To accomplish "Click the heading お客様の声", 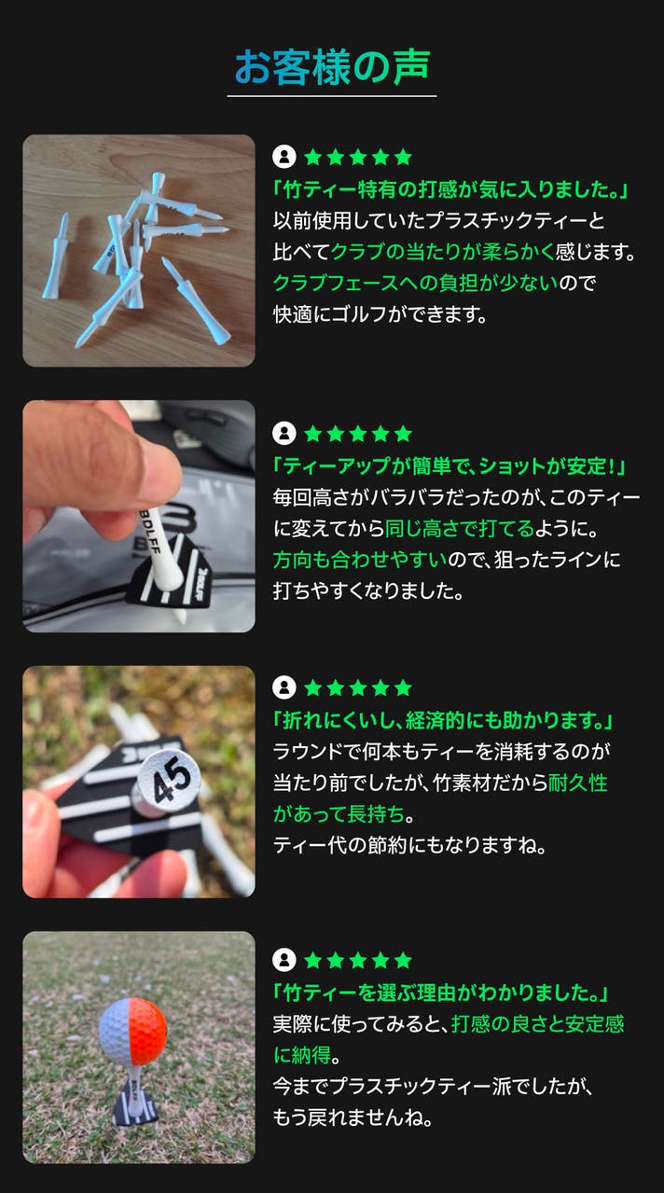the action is (332, 67).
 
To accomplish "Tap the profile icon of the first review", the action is (284, 157).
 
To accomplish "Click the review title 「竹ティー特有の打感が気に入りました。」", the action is (450, 189).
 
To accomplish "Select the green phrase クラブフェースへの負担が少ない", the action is (415, 283).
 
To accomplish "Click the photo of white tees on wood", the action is (138, 250).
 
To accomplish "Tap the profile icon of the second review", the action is (284, 434).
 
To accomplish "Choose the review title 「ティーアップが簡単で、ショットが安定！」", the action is (449, 466).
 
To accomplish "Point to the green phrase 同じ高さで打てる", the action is (459, 528).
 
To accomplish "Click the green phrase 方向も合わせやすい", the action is (360, 560).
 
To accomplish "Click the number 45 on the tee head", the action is (171, 780).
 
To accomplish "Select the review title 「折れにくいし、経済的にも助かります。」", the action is (443, 721).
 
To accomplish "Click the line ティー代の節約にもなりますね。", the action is (409, 845).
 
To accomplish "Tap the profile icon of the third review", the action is (284, 687).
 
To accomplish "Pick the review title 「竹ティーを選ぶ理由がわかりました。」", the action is (440, 992).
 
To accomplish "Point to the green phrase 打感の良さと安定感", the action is (537, 1023).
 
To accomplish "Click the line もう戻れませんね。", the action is (353, 1117).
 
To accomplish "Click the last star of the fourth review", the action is (403, 960).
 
